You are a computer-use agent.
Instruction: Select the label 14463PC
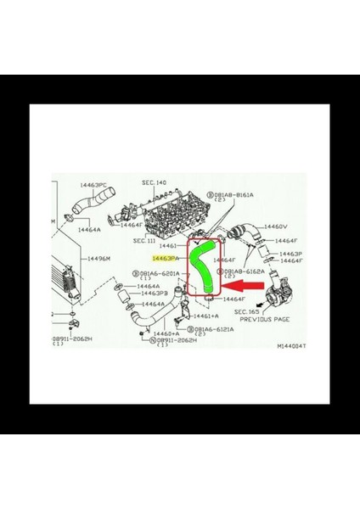coord(93,184)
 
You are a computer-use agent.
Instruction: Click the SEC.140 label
coord(154,182)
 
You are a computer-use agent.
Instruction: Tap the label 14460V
coord(276,227)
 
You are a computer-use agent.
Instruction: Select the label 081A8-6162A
coord(243,271)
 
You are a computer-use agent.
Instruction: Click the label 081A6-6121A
coord(216,328)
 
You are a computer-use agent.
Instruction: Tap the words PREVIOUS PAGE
coord(266,320)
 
